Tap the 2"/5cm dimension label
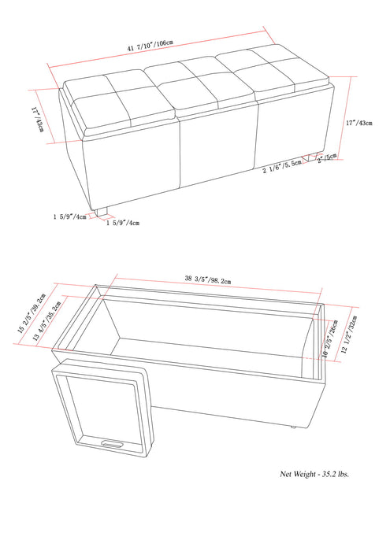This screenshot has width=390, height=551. point(326,156)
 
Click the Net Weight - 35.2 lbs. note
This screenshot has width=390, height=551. point(314,474)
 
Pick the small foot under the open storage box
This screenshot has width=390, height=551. point(293,426)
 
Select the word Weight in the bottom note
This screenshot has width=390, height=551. point(303,474)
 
